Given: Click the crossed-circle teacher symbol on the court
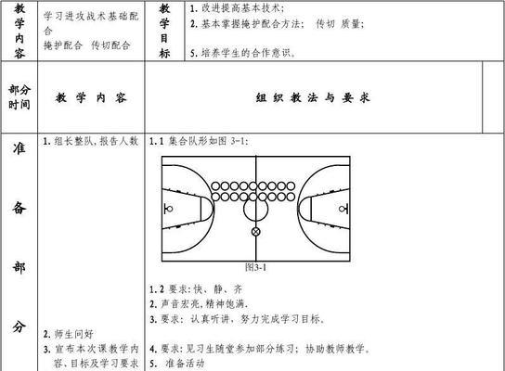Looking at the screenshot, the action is click(x=255, y=232).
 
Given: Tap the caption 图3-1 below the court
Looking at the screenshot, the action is click(x=255, y=267).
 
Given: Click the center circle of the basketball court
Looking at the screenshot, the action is click(x=244, y=209).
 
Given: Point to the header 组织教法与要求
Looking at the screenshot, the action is click(x=313, y=97).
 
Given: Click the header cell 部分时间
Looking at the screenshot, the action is click(x=19, y=96).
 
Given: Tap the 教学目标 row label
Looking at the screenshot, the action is click(x=164, y=31).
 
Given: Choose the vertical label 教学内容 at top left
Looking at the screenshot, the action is click(x=19, y=31).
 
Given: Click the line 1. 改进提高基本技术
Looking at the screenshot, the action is click(x=237, y=8).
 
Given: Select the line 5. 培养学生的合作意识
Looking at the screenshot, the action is click(x=242, y=53).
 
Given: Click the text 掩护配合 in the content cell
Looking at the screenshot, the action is click(x=63, y=45).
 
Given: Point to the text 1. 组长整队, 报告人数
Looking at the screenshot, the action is click(x=91, y=141).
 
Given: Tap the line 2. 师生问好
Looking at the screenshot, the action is click(x=69, y=334).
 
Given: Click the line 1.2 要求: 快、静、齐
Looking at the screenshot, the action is click(x=196, y=289).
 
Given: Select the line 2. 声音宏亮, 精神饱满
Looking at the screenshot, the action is click(x=199, y=303).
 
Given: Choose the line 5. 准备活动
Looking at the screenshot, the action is click(x=176, y=364).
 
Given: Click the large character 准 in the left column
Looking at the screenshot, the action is click(x=19, y=148).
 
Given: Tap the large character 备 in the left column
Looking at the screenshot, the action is click(x=19, y=208).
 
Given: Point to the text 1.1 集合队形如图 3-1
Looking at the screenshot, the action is click(x=199, y=141).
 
